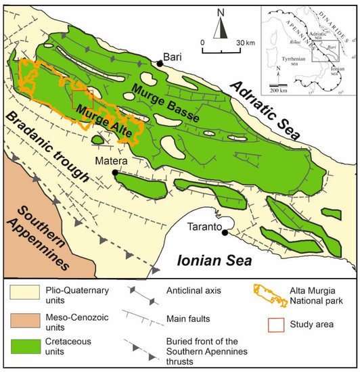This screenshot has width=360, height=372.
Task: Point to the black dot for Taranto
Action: click(225, 232)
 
